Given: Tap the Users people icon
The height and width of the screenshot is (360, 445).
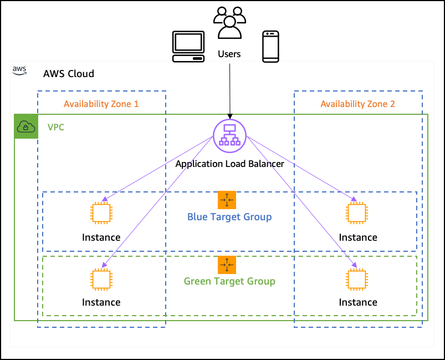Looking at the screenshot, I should click(x=229, y=23).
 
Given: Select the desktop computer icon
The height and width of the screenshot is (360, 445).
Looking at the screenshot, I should click(x=189, y=47).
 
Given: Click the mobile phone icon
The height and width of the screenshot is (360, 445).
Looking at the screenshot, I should click(x=270, y=47).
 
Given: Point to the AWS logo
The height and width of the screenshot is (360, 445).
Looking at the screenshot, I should click(x=20, y=70).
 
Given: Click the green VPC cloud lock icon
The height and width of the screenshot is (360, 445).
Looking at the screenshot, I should click(x=26, y=127).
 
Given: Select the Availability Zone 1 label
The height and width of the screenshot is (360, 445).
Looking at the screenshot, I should click(x=101, y=104).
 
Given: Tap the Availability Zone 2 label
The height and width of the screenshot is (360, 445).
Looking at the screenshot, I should click(x=357, y=104).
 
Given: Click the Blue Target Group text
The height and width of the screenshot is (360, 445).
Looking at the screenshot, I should click(x=229, y=216).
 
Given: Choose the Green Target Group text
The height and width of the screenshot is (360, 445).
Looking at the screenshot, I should click(x=229, y=281).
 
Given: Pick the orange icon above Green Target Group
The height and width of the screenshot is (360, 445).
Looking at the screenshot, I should click(x=227, y=265).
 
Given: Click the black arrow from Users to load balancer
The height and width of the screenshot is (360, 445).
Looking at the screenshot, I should click(x=229, y=89).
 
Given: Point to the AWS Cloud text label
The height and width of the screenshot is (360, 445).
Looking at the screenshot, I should click(x=69, y=74).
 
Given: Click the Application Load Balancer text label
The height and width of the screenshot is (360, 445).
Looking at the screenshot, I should click(x=229, y=164).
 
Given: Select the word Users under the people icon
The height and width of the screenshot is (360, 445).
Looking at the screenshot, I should click(x=229, y=54).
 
